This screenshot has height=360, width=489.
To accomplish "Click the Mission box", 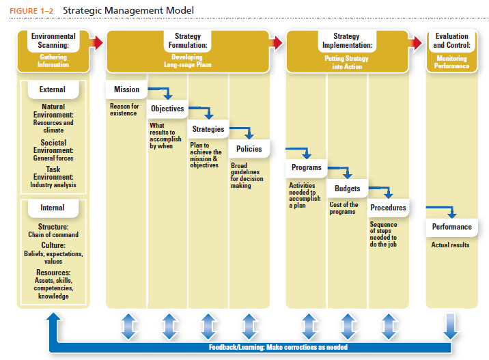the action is click(126, 89).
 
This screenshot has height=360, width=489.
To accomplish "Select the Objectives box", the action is click(167, 109).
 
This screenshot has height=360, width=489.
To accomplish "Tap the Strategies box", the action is click(208, 129).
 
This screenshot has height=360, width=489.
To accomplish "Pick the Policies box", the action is click(249, 149).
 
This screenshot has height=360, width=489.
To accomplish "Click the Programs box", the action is click(306, 167).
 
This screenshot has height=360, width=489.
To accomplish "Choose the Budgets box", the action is click(348, 189).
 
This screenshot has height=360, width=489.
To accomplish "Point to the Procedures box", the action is click(389, 208).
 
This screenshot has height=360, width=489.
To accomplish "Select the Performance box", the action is click(452, 227).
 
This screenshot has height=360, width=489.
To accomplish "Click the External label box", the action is click(53, 89).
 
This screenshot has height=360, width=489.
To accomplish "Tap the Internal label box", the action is click(53, 208).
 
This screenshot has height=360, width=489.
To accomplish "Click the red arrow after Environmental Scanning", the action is click(96, 43).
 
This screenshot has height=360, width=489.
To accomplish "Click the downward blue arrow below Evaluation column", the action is click(451, 327).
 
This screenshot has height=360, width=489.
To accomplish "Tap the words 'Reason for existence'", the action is click(124, 109).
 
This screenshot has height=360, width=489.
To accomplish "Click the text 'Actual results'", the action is click(450, 245).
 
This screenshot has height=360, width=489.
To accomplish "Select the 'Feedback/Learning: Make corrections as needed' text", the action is click(278, 347).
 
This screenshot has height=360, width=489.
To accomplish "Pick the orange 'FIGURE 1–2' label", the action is click(31, 11).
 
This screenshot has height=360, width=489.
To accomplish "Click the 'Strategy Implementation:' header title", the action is click(347, 41).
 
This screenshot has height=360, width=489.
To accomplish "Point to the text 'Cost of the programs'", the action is click(344, 208).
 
